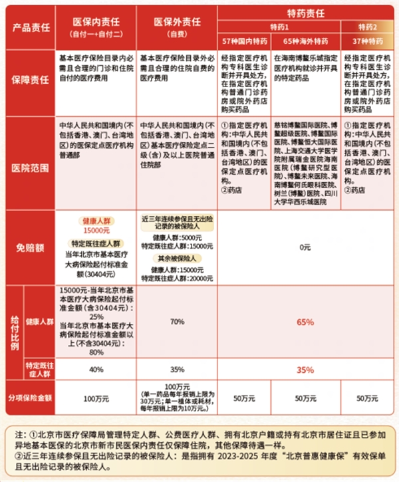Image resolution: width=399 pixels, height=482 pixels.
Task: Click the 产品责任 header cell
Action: (x=30, y=27)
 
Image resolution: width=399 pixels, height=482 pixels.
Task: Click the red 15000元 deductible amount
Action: (x=96, y=229)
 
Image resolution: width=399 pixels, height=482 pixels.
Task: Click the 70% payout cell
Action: (x=177, y=321)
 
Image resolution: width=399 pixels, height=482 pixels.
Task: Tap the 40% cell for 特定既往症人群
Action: (x=96, y=369)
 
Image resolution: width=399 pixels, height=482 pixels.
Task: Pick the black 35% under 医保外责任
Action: (x=177, y=369)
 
